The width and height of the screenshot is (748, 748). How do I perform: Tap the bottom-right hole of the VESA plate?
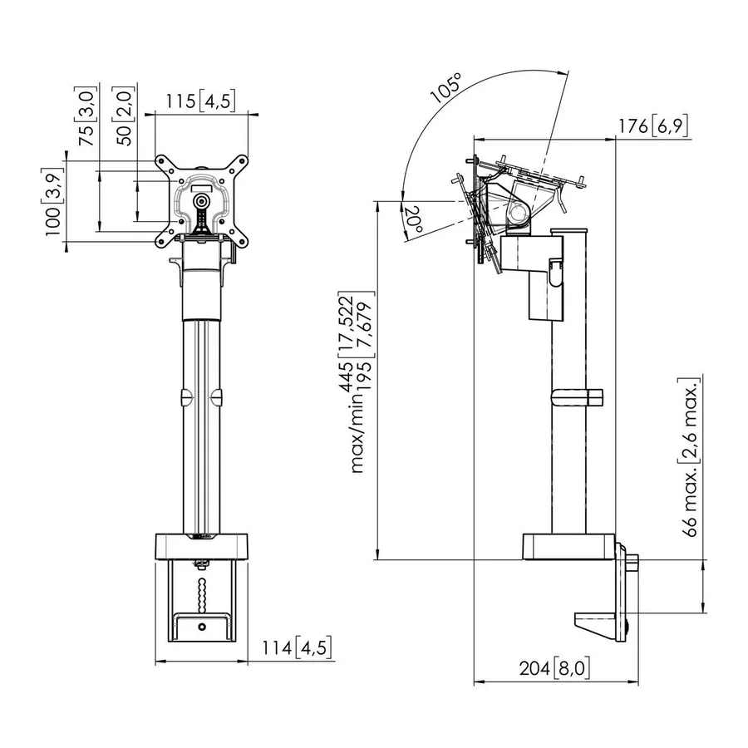click(242, 242)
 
